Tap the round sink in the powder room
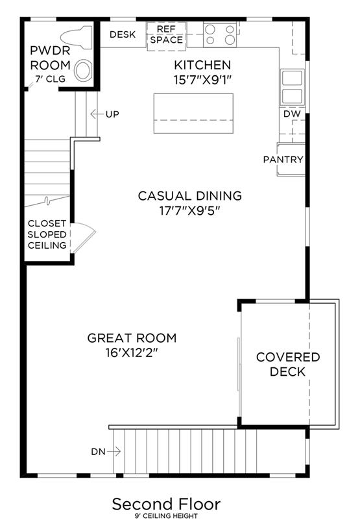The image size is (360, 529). pyautogui.click(x=83, y=71)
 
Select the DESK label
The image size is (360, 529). pyautogui.click(x=123, y=34)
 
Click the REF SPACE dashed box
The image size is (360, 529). pyautogui.click(x=167, y=36)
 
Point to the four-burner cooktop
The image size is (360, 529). pyautogui.click(x=220, y=35)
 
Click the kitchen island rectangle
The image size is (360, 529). pyautogui.click(x=193, y=114)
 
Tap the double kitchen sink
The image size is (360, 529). pyautogui.click(x=293, y=88)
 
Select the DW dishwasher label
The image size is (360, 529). pyautogui.click(x=292, y=114)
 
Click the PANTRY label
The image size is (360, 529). pyautogui.click(x=283, y=159)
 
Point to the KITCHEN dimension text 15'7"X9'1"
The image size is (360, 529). pyautogui.click(x=202, y=80)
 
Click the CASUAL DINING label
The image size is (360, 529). pyautogui.click(x=190, y=195)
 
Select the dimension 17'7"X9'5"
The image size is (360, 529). pyautogui.click(x=190, y=211)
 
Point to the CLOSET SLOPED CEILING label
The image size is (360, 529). pyautogui.click(x=47, y=234)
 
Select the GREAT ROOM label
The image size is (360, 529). pyautogui.click(x=132, y=338)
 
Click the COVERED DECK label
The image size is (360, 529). pyautogui.click(x=288, y=364)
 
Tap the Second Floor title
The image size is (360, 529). pyautogui.click(x=166, y=504)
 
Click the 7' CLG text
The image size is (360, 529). pyautogui.click(x=51, y=79)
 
